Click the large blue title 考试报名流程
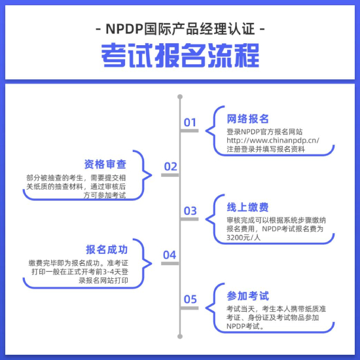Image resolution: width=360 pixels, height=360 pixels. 180,56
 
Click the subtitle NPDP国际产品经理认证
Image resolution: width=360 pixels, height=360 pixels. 181,29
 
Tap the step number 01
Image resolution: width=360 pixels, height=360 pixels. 190,122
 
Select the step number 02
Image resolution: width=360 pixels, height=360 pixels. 170,166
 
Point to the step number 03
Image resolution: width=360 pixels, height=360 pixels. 190,211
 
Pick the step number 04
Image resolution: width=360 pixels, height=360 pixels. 170,255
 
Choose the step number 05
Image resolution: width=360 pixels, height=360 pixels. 190,299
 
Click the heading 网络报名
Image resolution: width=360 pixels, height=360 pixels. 247,118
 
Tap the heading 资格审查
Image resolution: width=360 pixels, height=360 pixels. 105,164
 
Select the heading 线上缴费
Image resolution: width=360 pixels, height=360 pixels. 247,207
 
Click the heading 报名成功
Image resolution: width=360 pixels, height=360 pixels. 107,249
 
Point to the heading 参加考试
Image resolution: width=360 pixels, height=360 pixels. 247,296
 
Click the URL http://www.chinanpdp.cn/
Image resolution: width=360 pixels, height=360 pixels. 273,140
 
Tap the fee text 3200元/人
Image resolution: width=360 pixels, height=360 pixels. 243,238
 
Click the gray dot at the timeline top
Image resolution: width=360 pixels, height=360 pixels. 180,97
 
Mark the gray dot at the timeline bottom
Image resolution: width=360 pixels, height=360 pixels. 180,336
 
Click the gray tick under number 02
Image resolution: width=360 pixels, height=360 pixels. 170,175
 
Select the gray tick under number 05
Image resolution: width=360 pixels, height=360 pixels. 189,308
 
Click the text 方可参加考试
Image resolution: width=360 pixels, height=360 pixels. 105,196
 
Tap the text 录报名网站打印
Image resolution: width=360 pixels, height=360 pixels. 103,280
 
